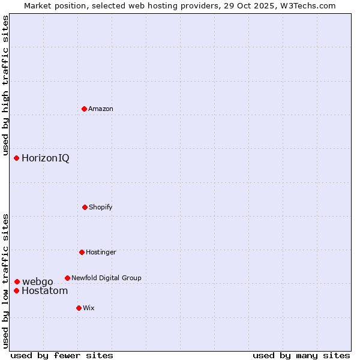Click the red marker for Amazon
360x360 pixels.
[x=84, y=109]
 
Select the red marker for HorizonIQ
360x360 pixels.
[x=17, y=158]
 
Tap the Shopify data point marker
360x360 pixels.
[x=85, y=207]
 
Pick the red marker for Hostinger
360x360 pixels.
[x=82, y=252]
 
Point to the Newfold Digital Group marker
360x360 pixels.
[x=67, y=278]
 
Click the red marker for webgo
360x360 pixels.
[x=17, y=281]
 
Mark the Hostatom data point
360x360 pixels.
[x=16, y=291]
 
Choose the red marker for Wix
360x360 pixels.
[x=79, y=308]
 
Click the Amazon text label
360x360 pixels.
[x=101, y=109]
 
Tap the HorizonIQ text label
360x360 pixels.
[x=45, y=158]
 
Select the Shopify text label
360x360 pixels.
[x=101, y=207]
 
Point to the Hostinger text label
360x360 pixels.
[x=101, y=252]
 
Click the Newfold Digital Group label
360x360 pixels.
[x=106, y=278]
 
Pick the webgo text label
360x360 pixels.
[x=37, y=281]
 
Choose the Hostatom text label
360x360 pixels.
[x=44, y=291]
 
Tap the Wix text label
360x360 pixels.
[x=89, y=308]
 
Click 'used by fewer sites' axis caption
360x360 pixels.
[x=62, y=355]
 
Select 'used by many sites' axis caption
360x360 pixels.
[x=301, y=355]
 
